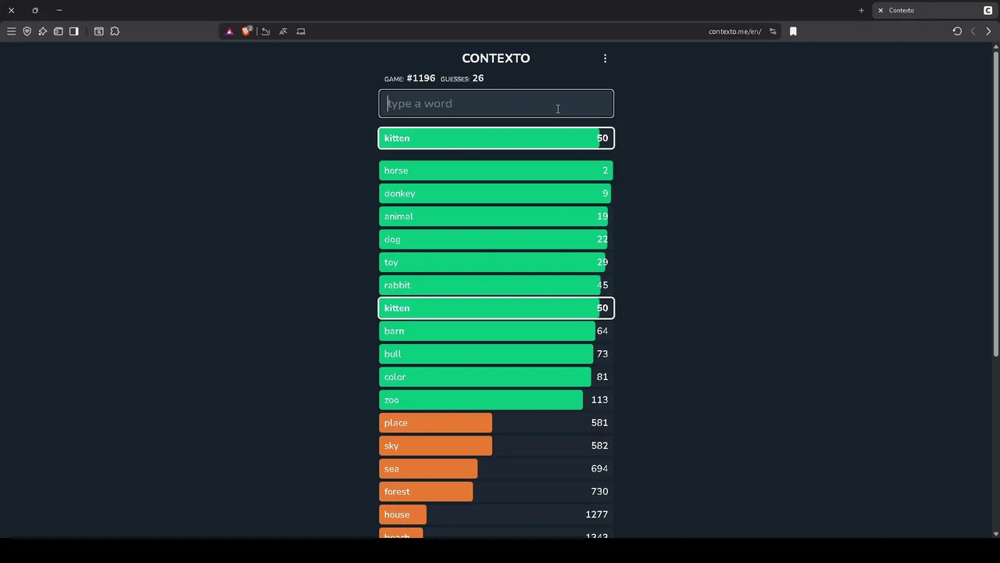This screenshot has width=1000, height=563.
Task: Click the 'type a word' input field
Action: pos(496,104)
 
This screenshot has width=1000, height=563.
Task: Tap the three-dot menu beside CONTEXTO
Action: pos(605,59)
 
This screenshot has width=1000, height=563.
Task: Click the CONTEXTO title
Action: pos(495,59)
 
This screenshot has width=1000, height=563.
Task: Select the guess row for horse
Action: pos(496,170)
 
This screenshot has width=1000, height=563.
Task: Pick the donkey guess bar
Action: pos(496,193)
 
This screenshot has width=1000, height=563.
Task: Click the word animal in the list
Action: pos(398,217)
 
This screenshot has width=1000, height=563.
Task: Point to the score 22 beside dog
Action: pos(602,239)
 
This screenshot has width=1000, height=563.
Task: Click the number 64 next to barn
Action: pos(602,331)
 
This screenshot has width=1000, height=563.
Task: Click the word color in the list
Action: pos(395,377)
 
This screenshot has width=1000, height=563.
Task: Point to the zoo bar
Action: pos(480,400)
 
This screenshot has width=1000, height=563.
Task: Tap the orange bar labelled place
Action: pos(435,423)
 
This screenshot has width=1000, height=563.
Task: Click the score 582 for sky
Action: pos(599,446)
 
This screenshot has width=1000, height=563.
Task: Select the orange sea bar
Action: pos(428,468)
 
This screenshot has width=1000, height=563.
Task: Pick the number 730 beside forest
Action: pos(599,491)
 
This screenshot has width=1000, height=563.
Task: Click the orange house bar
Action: pos(403,515)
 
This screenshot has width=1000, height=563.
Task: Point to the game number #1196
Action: pos(420,78)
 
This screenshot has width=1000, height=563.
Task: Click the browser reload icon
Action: pos(957,31)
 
